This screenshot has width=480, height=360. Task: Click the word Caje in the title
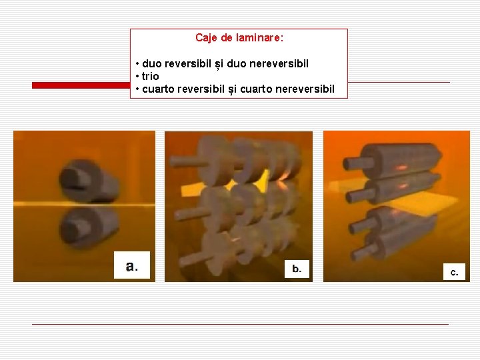(x=206, y=38)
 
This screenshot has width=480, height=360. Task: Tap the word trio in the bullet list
(x=150, y=77)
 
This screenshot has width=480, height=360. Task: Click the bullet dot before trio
(x=137, y=77)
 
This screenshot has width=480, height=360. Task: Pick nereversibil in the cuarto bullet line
(x=304, y=89)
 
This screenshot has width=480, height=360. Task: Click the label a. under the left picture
(x=132, y=267)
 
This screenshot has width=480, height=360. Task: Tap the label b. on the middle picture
(x=297, y=269)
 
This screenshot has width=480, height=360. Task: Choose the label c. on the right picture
(x=454, y=271)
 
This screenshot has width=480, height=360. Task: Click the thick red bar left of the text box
(x=81, y=85)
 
